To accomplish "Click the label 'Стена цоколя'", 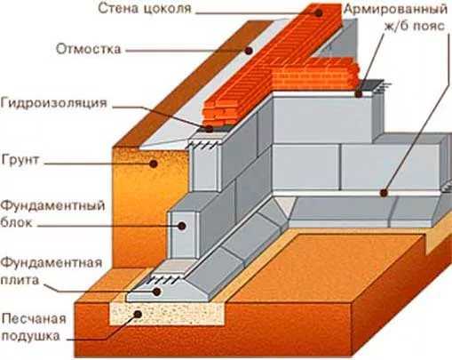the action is point(145,9).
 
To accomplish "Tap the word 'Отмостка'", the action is point(89,49).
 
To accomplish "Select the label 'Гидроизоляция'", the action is point(53,103).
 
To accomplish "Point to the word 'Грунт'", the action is point(20,160).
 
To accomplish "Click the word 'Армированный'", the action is point(396,10).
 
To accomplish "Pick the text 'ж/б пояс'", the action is point(415,26).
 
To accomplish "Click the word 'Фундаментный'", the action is point(52,206).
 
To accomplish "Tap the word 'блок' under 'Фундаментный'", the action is point(16,222).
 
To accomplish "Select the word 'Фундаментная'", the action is point(52,263).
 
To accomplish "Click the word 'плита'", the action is point(20,280).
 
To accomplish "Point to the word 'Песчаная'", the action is point(34,319).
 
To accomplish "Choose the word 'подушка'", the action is point(31,337).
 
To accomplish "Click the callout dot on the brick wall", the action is point(319,13).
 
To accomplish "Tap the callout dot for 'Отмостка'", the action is point(249,51).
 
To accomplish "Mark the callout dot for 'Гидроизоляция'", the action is point(209,129).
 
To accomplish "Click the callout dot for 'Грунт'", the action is point(154,164).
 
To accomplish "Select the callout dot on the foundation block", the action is point(182,226).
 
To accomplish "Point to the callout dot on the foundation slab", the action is point(156,292).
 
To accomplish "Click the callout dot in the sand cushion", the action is point(138,314).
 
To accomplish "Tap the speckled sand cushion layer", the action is point(166,314).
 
